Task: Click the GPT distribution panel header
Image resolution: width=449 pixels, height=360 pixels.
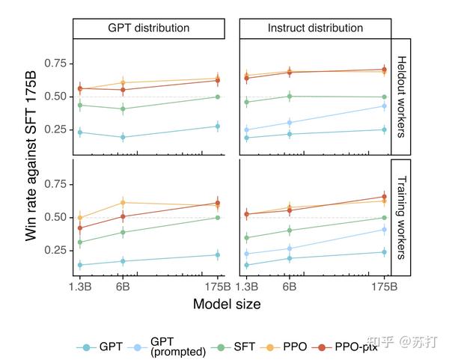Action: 148,28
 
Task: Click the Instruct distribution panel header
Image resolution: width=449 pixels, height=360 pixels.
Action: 315,28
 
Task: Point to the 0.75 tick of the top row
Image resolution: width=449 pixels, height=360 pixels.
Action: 55,63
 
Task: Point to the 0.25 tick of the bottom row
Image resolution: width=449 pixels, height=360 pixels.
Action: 55,249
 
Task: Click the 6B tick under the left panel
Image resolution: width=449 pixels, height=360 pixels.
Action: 122,286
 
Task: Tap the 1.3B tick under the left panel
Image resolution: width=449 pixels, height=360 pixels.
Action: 80,286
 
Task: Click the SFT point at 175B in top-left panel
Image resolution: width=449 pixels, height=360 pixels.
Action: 217,97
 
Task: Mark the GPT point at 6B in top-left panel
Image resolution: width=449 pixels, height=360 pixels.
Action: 122,137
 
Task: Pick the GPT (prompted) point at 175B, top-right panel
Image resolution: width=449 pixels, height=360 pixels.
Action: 385,106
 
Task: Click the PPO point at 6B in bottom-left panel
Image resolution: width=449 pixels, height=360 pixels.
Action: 122,202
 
